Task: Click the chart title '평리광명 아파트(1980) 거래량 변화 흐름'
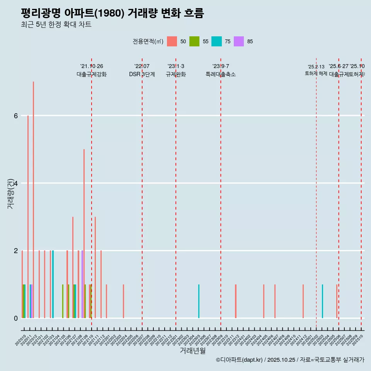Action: coord(112,13)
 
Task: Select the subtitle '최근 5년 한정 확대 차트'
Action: coord(56,25)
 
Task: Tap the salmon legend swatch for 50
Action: coord(172,41)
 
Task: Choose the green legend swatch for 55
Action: coord(194,41)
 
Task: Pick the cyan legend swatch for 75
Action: coord(217,41)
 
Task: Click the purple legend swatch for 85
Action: coord(239,41)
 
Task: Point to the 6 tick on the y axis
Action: coord(15,116)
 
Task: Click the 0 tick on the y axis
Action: coord(15,318)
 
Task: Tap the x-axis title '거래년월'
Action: coord(192,351)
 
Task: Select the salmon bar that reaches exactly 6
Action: coord(28,216)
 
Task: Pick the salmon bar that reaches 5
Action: coord(84,233)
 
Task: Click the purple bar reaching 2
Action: coord(82,284)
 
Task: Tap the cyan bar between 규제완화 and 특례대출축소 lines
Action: coord(199,301)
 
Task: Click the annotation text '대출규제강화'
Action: coord(92,74)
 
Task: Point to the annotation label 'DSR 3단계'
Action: coord(142,74)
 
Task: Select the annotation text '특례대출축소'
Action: coord(220,74)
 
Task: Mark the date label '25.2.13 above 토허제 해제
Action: coord(316,66)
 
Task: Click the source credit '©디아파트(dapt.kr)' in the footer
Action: coord(239,360)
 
